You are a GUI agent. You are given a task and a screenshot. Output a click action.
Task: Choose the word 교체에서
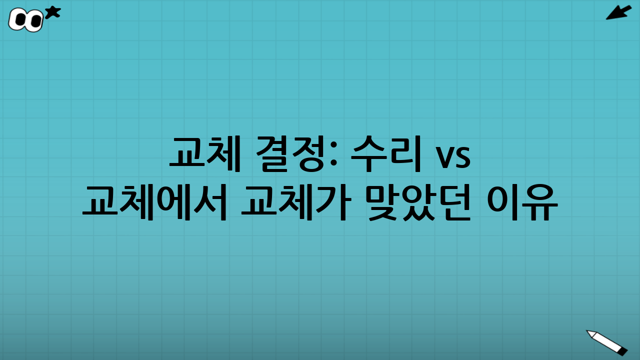coord(155,201)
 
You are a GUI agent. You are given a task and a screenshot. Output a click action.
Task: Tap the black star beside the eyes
coord(52,12)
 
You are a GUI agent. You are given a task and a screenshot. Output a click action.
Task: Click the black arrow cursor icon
coord(618,12)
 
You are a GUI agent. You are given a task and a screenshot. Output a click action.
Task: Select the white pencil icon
coord(606,342)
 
